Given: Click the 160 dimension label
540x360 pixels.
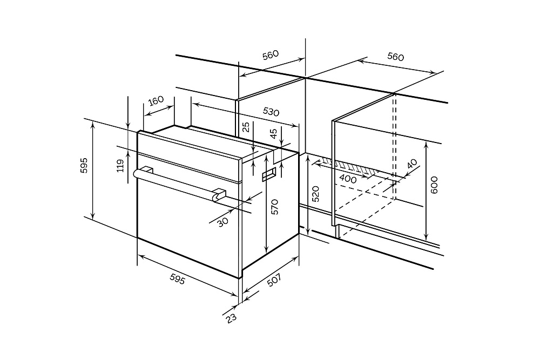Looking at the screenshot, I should (x=156, y=101).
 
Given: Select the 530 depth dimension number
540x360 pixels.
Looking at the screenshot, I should (x=271, y=112).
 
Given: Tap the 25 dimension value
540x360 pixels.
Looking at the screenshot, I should (x=246, y=127).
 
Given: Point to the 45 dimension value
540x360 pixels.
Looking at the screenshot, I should (x=273, y=134).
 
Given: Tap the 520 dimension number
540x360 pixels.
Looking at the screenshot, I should (x=316, y=194).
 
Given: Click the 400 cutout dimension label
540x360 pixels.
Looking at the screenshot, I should (x=348, y=178).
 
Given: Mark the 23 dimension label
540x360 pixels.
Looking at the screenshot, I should (x=232, y=317).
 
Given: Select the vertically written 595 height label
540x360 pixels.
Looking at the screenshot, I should (x=84, y=166).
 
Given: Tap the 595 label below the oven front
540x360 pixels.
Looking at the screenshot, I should (x=177, y=279).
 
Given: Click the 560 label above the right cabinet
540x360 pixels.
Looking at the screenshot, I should (x=395, y=57).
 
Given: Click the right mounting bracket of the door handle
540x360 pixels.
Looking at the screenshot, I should (x=219, y=194).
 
